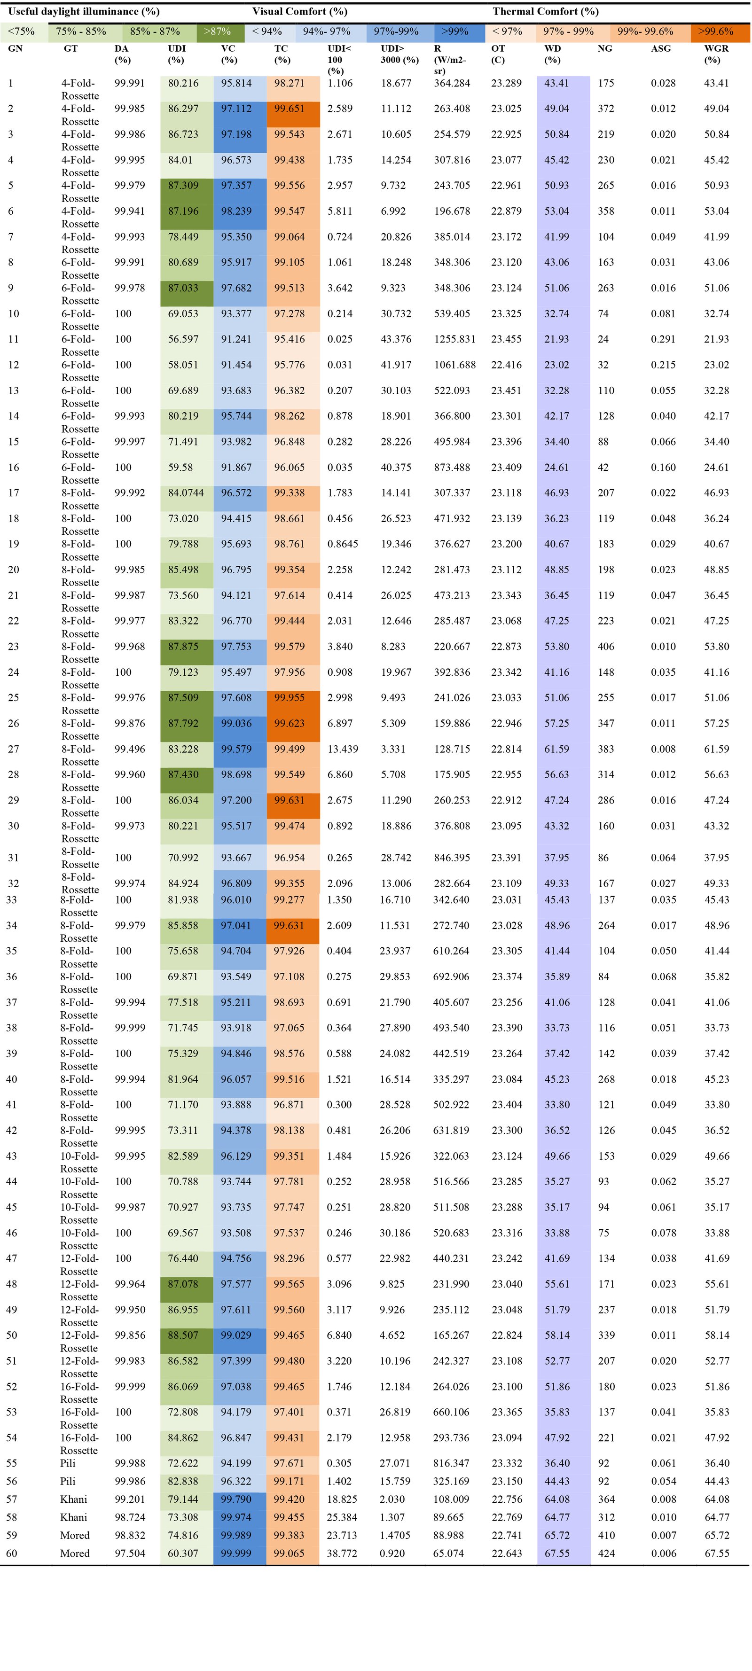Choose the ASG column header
661,49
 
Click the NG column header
605,49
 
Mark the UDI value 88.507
183,1335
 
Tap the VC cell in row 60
236,1554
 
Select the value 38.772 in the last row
342,1554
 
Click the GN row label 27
13,749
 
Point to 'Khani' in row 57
73,1499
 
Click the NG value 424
606,1554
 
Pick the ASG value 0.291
663,339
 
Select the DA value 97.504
130,1554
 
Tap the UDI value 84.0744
186,493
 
